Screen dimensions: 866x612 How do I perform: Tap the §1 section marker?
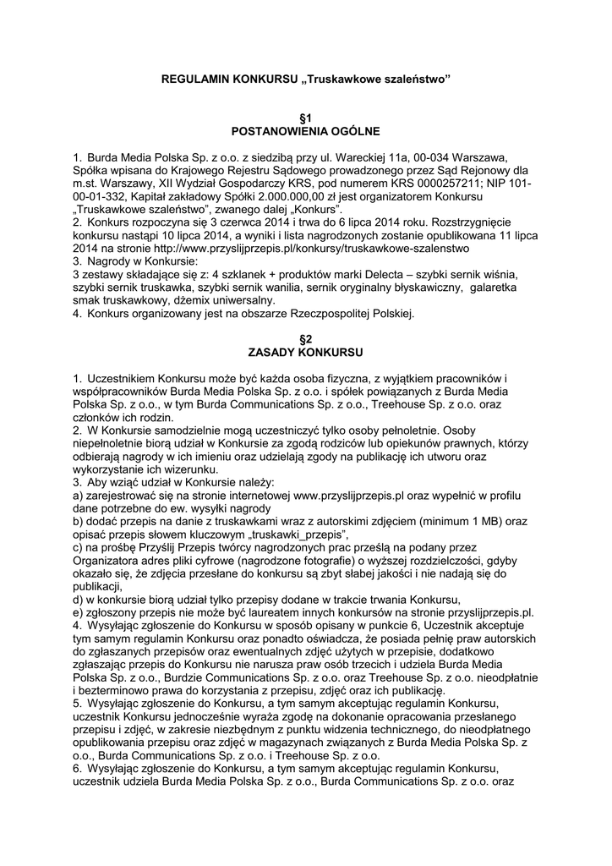306,119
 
